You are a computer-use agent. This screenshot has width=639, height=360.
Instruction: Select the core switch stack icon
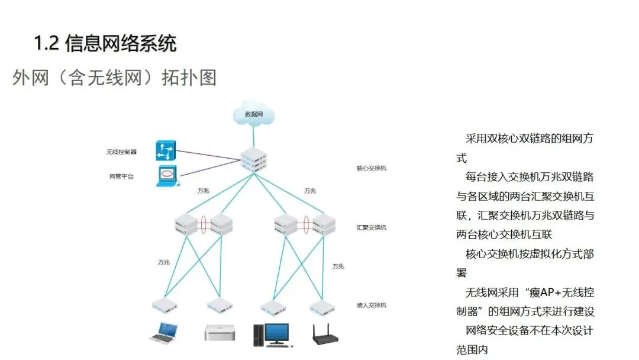coord(253,159)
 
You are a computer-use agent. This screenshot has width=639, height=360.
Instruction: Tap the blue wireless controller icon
coord(166,150)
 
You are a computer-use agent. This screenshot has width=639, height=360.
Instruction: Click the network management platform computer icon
coord(167,176)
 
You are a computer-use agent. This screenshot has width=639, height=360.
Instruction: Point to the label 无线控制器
coord(121,152)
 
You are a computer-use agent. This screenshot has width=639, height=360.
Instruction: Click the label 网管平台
coord(121,176)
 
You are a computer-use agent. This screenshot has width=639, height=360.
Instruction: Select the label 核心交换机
coord(371,168)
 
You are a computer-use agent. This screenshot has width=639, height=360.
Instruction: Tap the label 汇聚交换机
coord(371,227)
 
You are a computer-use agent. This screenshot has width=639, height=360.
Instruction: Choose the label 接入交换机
coord(371,305)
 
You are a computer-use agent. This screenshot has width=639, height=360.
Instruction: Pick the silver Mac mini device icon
coord(220,332)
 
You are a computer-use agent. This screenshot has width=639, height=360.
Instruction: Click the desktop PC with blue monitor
coord(272,335)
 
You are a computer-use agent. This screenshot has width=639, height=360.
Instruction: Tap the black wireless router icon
coord(325,335)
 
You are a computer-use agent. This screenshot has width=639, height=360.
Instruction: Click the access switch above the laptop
coord(164,306)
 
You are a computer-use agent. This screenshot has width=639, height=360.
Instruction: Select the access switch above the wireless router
coord(322,308)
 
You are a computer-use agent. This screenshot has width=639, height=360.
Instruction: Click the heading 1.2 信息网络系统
coord(105,43)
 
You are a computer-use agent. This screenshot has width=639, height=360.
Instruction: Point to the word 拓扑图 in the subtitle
coord(189,78)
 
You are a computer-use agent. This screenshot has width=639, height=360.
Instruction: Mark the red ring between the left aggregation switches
coord(204,224)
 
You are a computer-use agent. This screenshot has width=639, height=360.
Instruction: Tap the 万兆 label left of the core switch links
coord(203,191)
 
